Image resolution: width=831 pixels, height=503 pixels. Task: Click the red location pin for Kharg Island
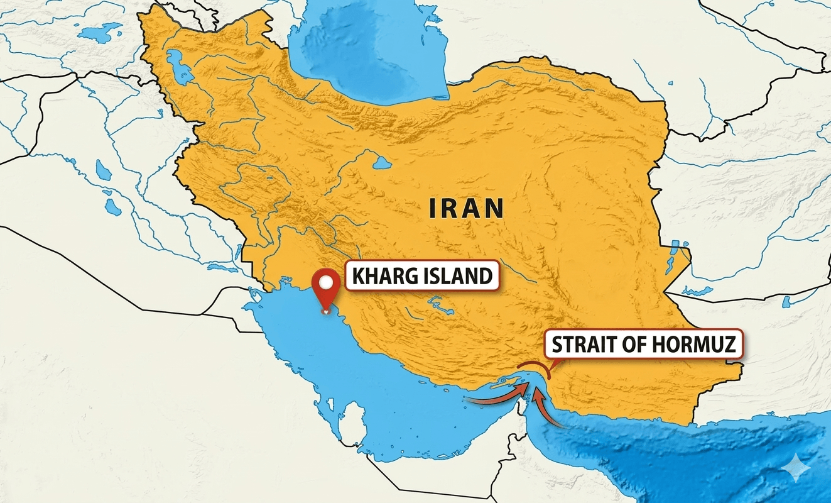[x=325, y=289]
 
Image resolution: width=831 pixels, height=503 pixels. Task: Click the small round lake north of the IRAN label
[x=382, y=163]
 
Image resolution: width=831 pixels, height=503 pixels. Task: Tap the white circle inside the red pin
[x=325, y=283]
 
